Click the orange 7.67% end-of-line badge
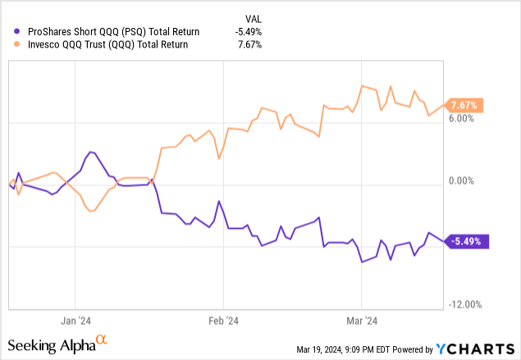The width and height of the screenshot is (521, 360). coord(464,105)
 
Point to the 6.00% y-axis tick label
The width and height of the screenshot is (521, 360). coord(461,119)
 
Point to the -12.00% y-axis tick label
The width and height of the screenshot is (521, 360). coord(461,304)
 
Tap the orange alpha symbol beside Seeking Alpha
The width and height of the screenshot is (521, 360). coord(102,339)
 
